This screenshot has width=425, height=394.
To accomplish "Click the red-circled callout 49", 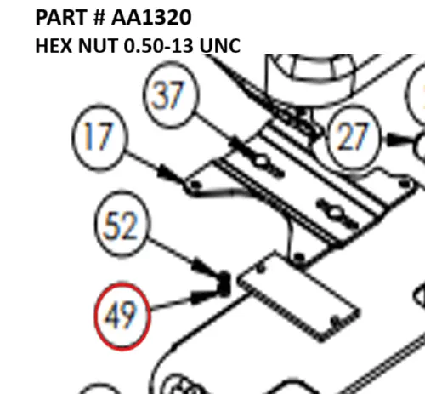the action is click(122, 317).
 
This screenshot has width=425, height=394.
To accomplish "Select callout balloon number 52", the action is click(122, 225).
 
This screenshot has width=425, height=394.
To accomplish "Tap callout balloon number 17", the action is click(98, 138).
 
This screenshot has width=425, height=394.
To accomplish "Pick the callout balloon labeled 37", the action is click(171, 94).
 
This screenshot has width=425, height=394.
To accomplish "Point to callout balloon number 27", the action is click(353, 138).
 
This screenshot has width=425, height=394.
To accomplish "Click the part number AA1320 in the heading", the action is click(151, 18).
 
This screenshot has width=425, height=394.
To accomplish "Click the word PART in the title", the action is click(60, 18).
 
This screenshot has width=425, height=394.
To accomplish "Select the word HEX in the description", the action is click(54, 46).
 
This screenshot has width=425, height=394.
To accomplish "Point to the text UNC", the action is click(220, 46).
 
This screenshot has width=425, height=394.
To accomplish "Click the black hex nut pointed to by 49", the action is click(224, 284).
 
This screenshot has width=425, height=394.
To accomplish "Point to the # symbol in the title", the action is click(99, 18).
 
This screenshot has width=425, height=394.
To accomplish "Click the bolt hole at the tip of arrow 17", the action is click(195, 186).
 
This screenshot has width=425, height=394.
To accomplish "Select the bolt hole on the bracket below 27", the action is click(405, 184).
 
